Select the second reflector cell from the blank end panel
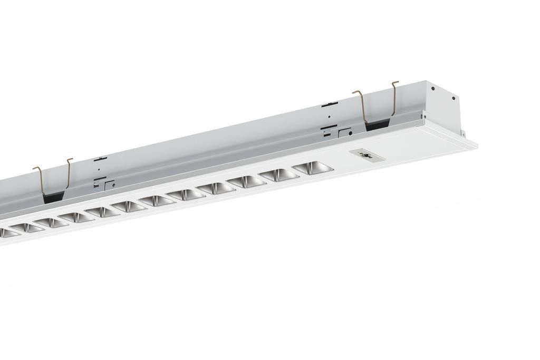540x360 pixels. (279, 175)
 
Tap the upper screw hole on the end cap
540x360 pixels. (432, 89)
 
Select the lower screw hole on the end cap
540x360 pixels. (452, 98)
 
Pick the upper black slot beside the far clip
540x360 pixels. (100, 158)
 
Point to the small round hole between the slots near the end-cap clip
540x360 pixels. (330, 117)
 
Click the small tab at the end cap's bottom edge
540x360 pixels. (462, 132)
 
